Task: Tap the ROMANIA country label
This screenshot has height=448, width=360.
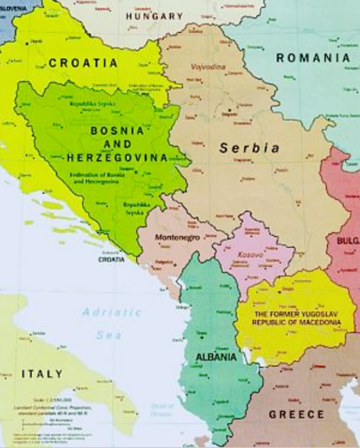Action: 313,58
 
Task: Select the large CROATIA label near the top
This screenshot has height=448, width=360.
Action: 83,62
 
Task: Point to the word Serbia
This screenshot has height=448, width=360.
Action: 250,147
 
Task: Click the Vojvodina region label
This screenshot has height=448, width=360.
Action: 207,69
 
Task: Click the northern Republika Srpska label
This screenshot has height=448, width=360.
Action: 90,103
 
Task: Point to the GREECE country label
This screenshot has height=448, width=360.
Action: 297,414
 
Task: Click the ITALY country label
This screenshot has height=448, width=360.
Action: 41,373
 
